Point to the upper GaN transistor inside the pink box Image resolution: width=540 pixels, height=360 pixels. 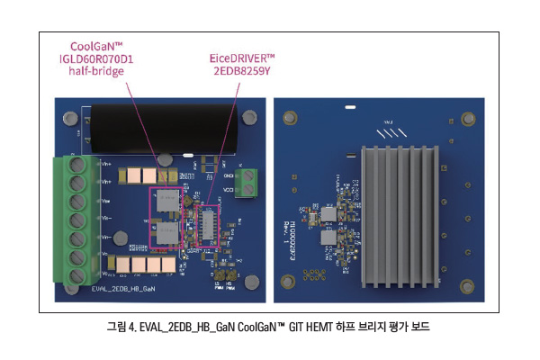coord(166,202)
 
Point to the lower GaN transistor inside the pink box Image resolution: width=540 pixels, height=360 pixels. coord(167,235)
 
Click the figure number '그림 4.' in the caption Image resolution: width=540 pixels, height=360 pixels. coord(118,327)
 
